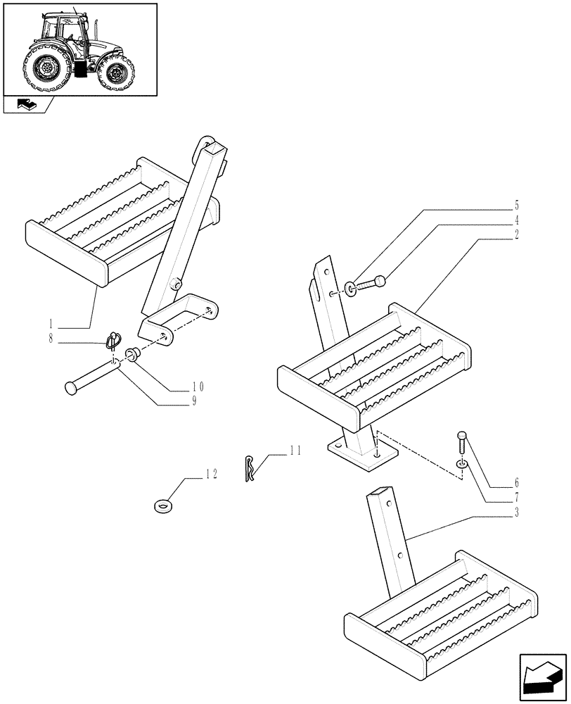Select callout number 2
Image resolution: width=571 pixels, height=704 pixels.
pos(516,234)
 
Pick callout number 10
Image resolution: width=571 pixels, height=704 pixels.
pos(198,386)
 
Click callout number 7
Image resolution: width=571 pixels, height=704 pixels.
pos(516,498)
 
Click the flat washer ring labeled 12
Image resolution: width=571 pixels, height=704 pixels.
pos(164,505)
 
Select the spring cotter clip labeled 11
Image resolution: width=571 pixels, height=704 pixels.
pos(250,470)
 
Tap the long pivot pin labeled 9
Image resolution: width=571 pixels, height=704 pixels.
pos(91,375)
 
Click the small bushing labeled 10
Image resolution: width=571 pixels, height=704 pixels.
pos(131,354)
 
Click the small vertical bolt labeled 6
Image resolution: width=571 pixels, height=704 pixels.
pos(461,443)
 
